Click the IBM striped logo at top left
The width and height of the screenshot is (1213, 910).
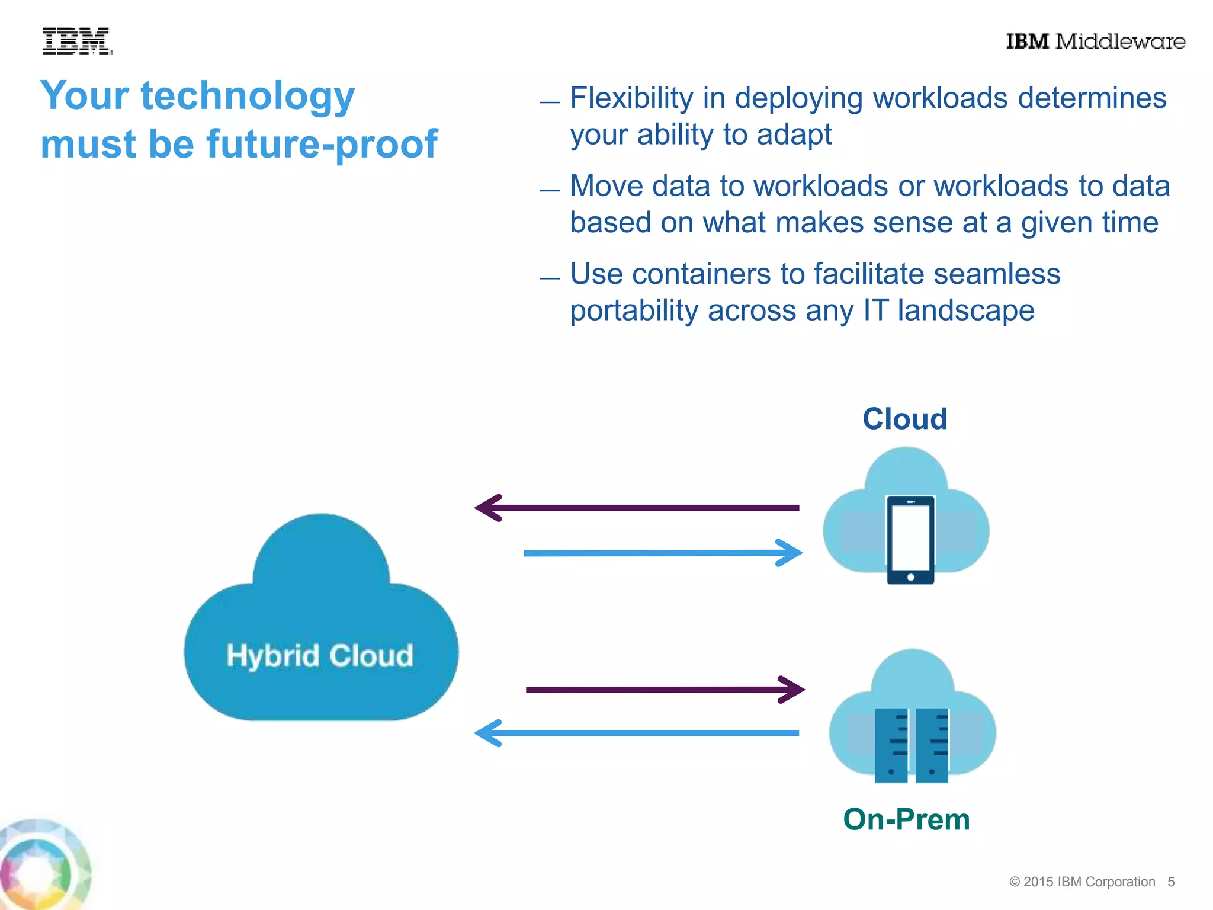(76, 41)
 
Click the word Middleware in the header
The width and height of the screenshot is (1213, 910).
(1121, 41)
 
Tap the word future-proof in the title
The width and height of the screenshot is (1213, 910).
(322, 145)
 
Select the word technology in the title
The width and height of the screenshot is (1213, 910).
(248, 97)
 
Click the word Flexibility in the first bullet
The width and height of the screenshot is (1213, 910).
(631, 98)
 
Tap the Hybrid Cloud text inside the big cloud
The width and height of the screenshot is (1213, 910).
(320, 656)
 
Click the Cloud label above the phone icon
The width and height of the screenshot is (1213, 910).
(904, 419)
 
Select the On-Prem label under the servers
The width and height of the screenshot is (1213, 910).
(906, 820)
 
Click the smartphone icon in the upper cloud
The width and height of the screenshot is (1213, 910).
(910, 540)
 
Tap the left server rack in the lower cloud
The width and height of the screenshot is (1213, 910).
(891, 745)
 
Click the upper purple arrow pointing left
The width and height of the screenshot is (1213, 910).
(637, 508)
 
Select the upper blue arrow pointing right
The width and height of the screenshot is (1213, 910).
(663, 553)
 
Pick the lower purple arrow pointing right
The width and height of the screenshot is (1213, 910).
(665, 690)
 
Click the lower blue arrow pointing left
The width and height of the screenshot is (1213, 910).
(637, 733)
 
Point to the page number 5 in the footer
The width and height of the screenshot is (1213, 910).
(1171, 882)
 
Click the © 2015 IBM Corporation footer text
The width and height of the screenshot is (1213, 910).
(1082, 882)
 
